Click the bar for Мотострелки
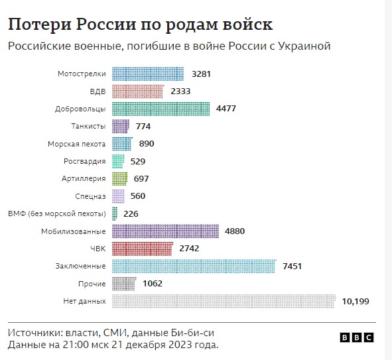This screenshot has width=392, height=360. (148, 74)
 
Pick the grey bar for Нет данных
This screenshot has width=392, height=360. (224, 302)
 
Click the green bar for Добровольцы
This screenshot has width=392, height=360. (161, 109)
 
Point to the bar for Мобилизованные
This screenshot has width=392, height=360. (166, 231)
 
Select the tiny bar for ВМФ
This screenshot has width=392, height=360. (115, 213)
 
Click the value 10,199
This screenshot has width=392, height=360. (356, 302)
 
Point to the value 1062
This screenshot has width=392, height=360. (152, 284)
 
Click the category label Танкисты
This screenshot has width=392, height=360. (88, 126)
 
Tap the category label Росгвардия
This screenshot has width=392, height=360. (85, 161)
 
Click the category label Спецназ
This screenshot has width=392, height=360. (91, 196)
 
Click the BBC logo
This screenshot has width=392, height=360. (357, 337)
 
